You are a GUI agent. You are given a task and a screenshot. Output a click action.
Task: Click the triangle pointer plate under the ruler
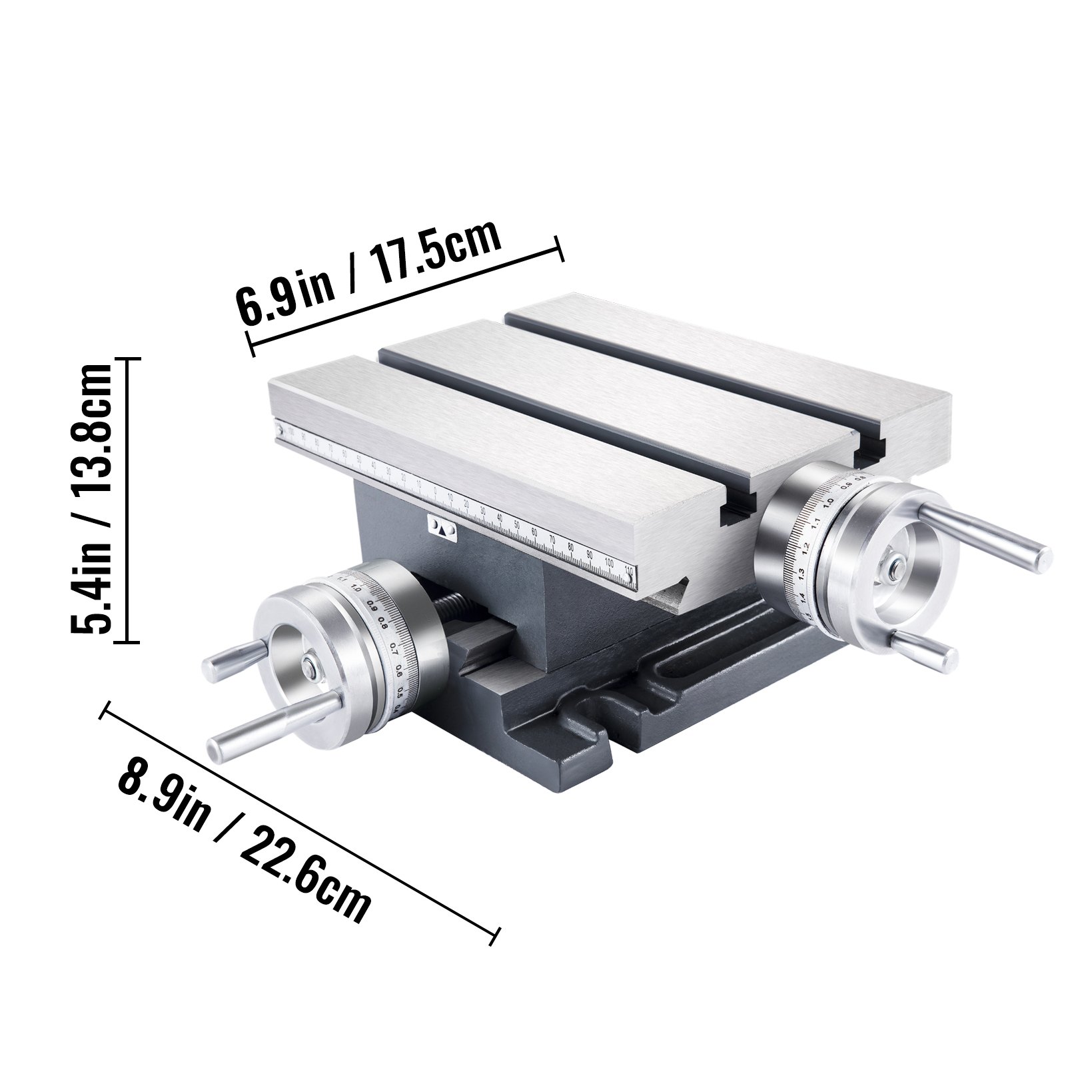tap(442, 527)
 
